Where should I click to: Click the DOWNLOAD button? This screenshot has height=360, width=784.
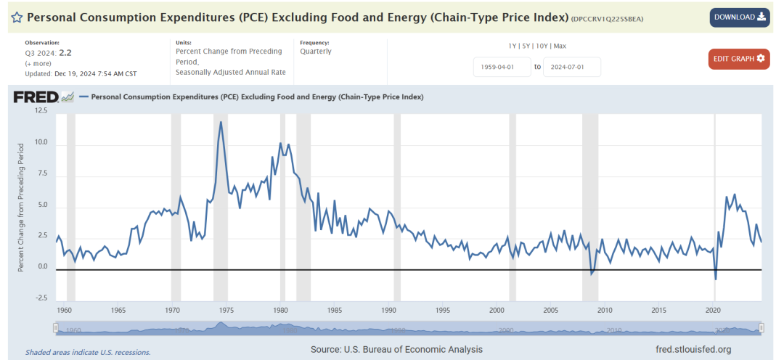click(740, 17)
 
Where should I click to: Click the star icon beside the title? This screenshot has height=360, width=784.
click(16, 17)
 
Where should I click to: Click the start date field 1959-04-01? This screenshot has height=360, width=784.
click(501, 67)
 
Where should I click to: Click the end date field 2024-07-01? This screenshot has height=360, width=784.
click(571, 67)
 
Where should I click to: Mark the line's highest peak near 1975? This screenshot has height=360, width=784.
click(221, 121)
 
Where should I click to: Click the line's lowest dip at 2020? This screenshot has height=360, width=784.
click(715, 279)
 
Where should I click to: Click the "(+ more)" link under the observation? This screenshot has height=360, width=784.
click(38, 63)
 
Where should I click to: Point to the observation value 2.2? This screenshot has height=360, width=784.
click(65, 53)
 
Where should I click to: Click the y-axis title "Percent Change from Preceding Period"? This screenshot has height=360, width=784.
click(22, 206)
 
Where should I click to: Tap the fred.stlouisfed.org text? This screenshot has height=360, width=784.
click(693, 350)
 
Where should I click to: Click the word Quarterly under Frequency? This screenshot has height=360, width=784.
click(316, 52)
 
